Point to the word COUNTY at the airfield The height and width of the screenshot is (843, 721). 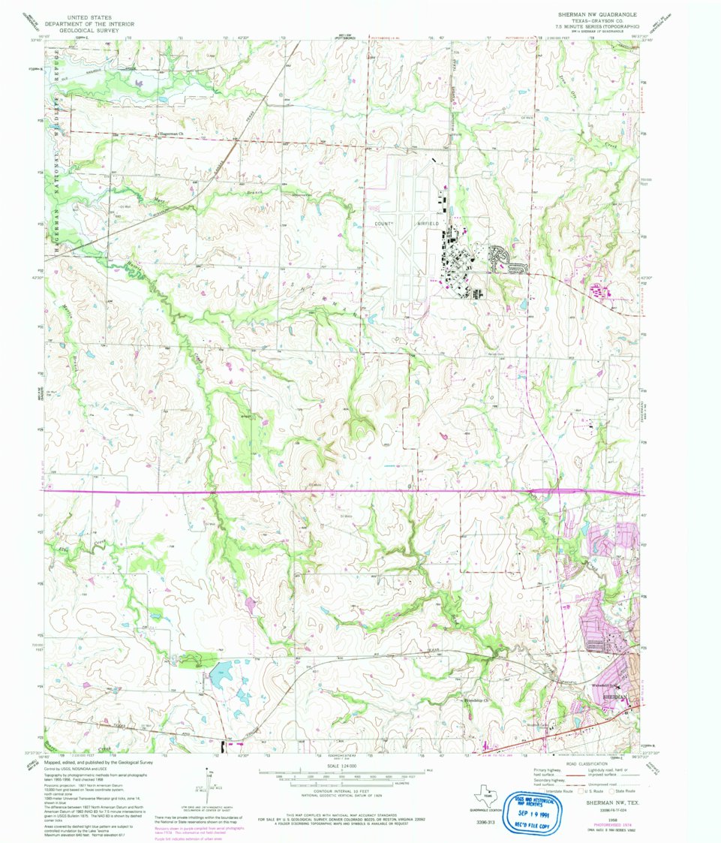click(x=384, y=224)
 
